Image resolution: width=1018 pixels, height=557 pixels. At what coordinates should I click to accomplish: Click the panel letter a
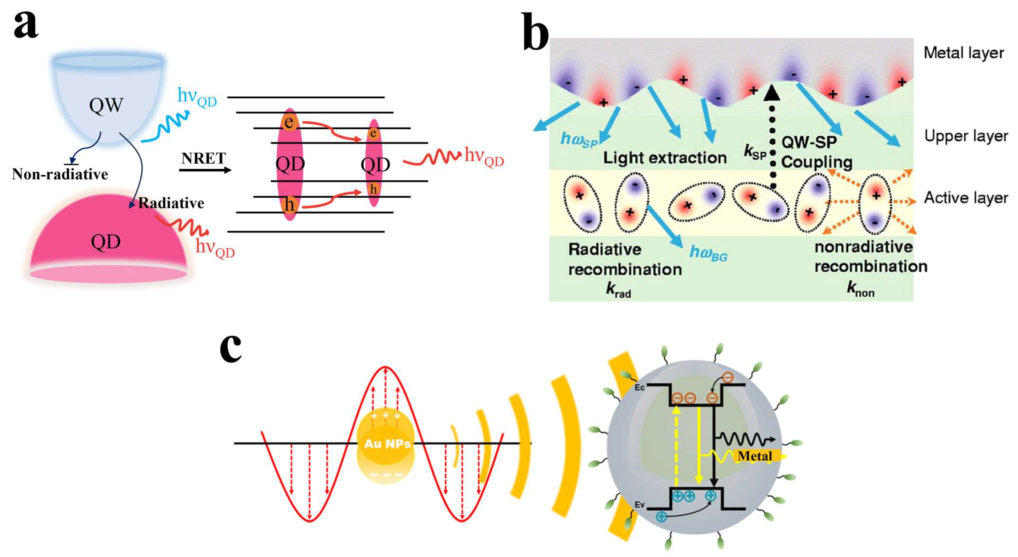26,24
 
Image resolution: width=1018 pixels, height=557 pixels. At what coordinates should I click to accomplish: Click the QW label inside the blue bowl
106,105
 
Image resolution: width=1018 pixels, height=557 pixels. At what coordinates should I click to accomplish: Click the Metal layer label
963,53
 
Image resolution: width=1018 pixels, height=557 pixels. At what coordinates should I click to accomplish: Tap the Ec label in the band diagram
639,387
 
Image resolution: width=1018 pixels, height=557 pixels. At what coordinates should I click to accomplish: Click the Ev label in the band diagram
639,505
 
